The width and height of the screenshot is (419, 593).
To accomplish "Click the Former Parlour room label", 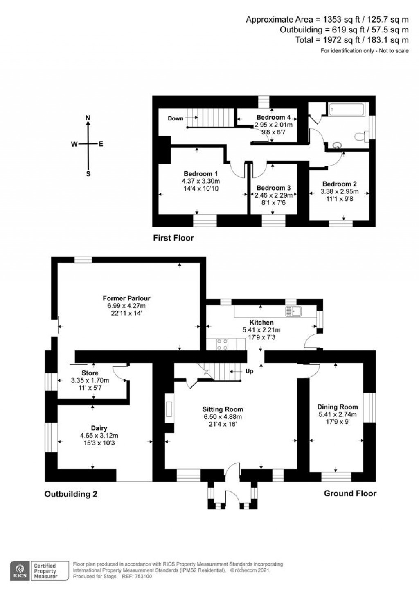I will (126, 298).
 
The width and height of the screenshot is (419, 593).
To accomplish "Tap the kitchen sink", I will (293, 312).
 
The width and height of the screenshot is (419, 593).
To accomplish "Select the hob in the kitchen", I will (222, 344).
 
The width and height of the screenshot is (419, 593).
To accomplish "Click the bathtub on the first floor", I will (346, 109).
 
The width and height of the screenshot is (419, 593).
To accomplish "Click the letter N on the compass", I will (88, 118).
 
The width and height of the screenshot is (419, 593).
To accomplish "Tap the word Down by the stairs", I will (176, 118).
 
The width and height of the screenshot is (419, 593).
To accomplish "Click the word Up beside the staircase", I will (249, 371).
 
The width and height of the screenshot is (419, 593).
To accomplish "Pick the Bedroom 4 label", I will (273, 117).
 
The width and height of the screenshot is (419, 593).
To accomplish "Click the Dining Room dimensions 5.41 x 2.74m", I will (338, 414).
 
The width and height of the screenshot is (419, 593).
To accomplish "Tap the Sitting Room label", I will (223, 409).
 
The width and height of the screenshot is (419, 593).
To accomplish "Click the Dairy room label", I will (99, 428).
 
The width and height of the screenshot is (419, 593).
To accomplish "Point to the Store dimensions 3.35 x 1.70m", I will (90, 380).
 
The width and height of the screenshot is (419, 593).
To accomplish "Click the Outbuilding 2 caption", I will (71, 494).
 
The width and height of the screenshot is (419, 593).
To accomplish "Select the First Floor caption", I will (173, 238).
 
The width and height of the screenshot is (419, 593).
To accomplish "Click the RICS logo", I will (19, 570).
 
